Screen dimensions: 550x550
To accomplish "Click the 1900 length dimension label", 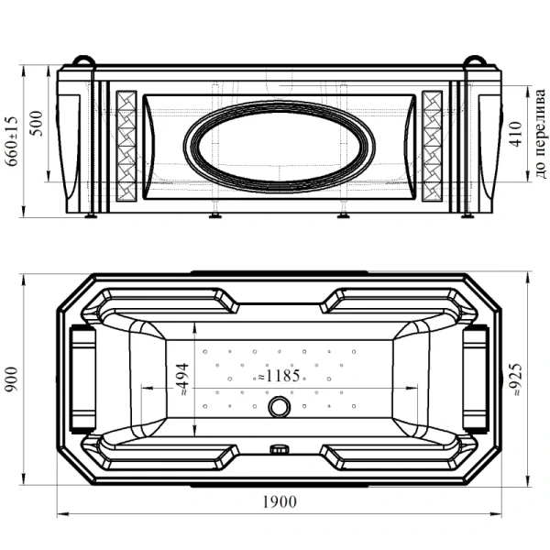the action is (x=280, y=502).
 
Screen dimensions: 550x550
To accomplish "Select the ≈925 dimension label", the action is (x=516, y=379).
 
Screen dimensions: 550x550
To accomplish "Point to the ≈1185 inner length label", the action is (x=279, y=376).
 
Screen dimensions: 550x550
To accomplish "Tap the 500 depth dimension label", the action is (x=36, y=124).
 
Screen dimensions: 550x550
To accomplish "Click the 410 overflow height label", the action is (x=516, y=134).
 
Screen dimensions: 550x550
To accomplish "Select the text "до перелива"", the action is (x=541, y=134).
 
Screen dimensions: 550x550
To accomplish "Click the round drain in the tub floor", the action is (x=280, y=406).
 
